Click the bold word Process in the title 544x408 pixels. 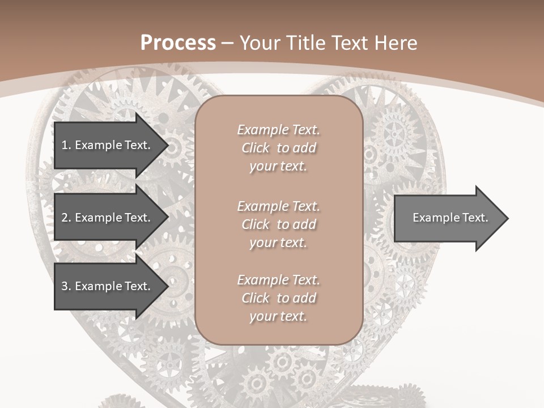(x=178, y=43)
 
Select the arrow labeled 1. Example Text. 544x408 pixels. (x=106, y=145)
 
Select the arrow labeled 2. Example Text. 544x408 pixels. (x=106, y=218)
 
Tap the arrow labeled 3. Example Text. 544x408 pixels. (x=106, y=286)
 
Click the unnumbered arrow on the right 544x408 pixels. (x=450, y=218)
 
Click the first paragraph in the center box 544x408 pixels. (x=278, y=148)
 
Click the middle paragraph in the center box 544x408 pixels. (x=278, y=224)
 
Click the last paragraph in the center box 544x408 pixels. (x=278, y=298)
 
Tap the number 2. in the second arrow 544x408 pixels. (x=66, y=218)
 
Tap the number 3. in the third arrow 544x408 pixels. (x=66, y=286)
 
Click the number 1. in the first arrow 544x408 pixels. (x=66, y=145)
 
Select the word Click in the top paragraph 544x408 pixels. (x=256, y=148)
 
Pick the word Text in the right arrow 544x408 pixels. (x=475, y=218)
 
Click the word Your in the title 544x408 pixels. (x=258, y=43)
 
